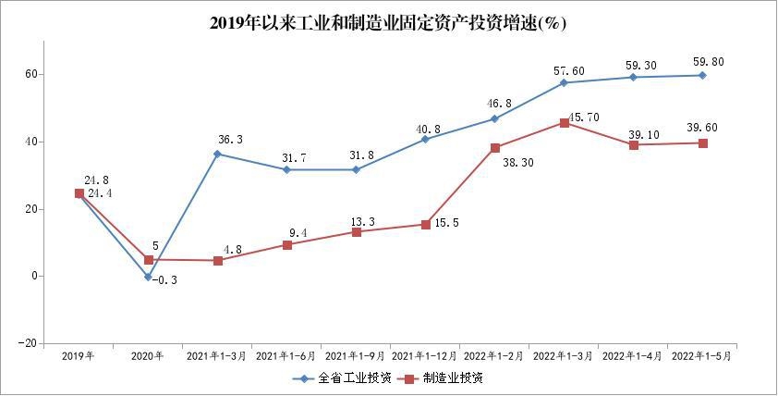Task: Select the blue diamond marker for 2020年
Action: (x=148, y=277)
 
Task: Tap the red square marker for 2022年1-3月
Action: (x=564, y=122)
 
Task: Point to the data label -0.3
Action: (x=164, y=280)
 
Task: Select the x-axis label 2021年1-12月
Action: (x=425, y=355)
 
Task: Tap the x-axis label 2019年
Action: (x=79, y=355)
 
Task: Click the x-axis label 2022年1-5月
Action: (x=702, y=355)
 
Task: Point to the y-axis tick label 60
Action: (x=30, y=74)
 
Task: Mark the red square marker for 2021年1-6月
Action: (x=286, y=245)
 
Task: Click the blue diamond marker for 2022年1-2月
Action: (x=494, y=118)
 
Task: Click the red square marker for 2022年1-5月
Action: (x=702, y=143)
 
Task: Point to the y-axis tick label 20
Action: (x=30, y=209)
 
